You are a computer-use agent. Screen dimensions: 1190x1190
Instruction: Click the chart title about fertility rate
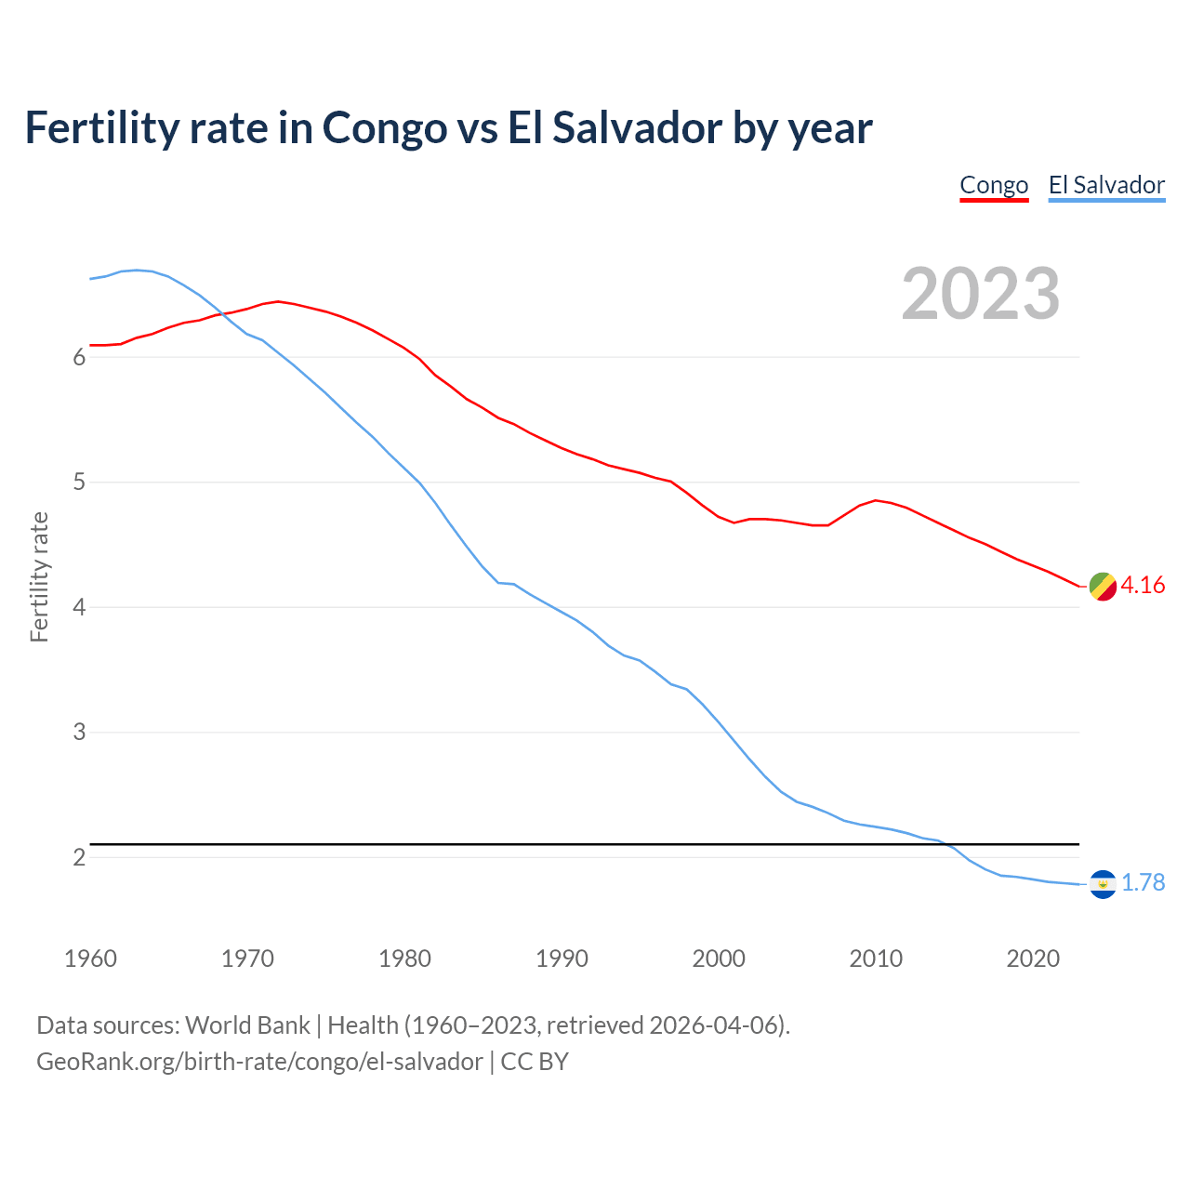(448, 128)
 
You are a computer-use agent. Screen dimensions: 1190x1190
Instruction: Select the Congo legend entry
(994, 185)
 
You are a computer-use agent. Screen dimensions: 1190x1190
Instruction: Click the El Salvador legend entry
(1106, 185)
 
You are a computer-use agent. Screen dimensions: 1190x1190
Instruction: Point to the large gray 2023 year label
(980, 294)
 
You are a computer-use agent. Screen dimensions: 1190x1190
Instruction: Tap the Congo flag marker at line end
(1103, 587)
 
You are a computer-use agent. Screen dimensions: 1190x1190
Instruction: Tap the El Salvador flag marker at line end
(1103, 883)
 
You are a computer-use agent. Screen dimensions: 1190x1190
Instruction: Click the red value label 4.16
(1143, 585)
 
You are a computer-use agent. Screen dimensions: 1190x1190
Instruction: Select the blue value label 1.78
(1143, 882)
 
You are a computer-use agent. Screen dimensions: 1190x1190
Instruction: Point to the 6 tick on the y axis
(79, 358)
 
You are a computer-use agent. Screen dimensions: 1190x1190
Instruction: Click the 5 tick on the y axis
(79, 483)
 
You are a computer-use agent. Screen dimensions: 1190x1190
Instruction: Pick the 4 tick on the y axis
(79, 608)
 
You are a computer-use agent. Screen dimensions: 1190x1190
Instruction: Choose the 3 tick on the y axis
(79, 733)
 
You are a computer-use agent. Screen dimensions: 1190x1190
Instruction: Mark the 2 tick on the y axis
(79, 857)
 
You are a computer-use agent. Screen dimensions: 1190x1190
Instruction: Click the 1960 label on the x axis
(90, 959)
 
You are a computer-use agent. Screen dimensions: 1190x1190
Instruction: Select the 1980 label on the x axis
(404, 959)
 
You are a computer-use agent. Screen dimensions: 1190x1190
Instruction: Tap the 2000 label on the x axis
(719, 959)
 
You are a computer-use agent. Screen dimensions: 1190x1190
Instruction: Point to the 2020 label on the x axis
(1033, 959)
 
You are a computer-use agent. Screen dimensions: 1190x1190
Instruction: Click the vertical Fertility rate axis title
(39, 576)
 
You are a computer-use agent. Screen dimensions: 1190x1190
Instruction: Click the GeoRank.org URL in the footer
(259, 1062)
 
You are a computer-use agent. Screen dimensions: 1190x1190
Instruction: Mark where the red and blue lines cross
(224, 313)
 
